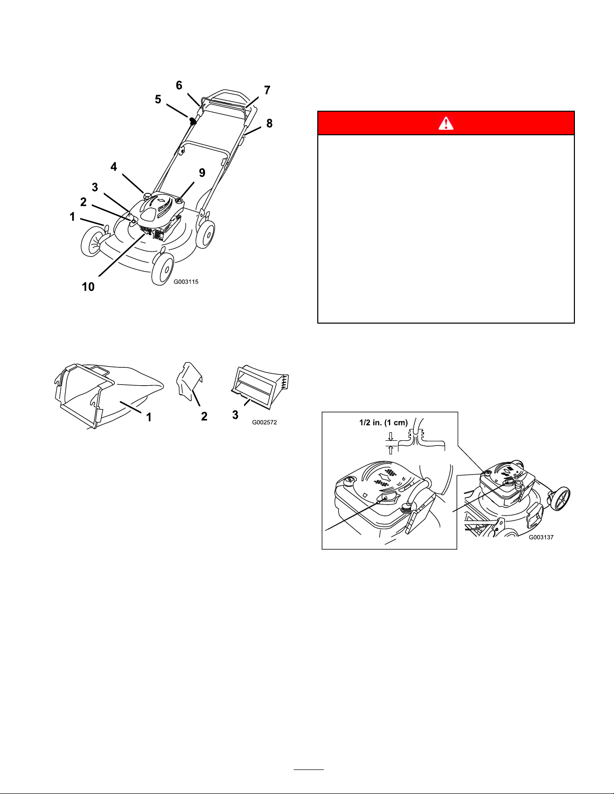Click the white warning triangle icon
pyautogui.click(x=446, y=123)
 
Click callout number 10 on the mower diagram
pyautogui.click(x=88, y=287)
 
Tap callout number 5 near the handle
pyautogui.click(x=158, y=99)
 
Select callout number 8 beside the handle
pyautogui.click(x=269, y=124)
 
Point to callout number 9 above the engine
pyautogui.click(x=202, y=173)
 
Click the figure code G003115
pyautogui.click(x=186, y=282)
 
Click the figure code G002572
pyautogui.click(x=265, y=422)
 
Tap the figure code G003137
pyautogui.click(x=541, y=537)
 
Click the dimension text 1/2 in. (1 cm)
pyautogui.click(x=383, y=422)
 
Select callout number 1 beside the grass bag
pyautogui.click(x=149, y=417)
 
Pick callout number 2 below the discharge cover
pyautogui.click(x=204, y=416)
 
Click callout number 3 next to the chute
pyautogui.click(x=236, y=415)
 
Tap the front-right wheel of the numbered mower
pyautogui.click(x=162, y=269)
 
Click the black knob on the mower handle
pyautogui.click(x=192, y=121)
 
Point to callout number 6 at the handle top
pyautogui.click(x=179, y=85)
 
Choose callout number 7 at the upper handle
pyautogui.click(x=267, y=90)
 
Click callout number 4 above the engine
pyautogui.click(x=114, y=167)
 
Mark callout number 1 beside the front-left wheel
pyautogui.click(x=72, y=217)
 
